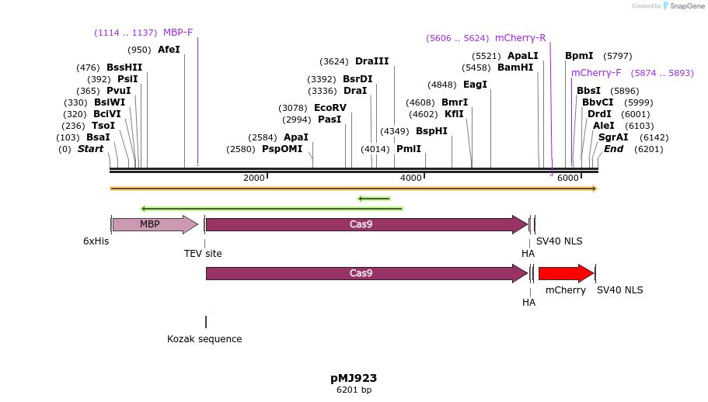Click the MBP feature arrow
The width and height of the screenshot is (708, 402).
coord(154,224)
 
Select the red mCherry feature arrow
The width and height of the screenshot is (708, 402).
coord(565,273)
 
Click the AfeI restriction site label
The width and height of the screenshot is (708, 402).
coord(169,50)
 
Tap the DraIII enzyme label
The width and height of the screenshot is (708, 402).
coord(371,61)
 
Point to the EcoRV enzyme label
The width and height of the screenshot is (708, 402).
coord(330,108)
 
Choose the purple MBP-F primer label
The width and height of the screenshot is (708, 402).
coord(178,33)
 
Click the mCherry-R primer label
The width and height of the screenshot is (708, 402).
coord(520,38)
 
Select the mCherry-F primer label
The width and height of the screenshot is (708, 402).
coord(596,73)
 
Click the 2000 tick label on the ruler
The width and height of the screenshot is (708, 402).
coord(253,178)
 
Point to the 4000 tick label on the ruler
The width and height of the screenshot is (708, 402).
coord(411,178)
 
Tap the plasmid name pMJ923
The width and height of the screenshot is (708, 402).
coord(354,378)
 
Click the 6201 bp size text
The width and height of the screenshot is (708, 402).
coord(354,390)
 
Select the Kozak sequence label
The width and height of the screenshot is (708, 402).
coord(204,339)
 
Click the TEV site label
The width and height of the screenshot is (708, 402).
coord(203,254)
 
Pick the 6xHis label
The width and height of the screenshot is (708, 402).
coord(96,241)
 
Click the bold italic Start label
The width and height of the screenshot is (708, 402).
coord(90,149)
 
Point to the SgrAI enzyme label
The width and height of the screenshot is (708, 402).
coord(613,137)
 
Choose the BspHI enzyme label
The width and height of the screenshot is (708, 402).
coord(431,131)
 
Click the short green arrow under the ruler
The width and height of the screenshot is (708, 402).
coord(374,199)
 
